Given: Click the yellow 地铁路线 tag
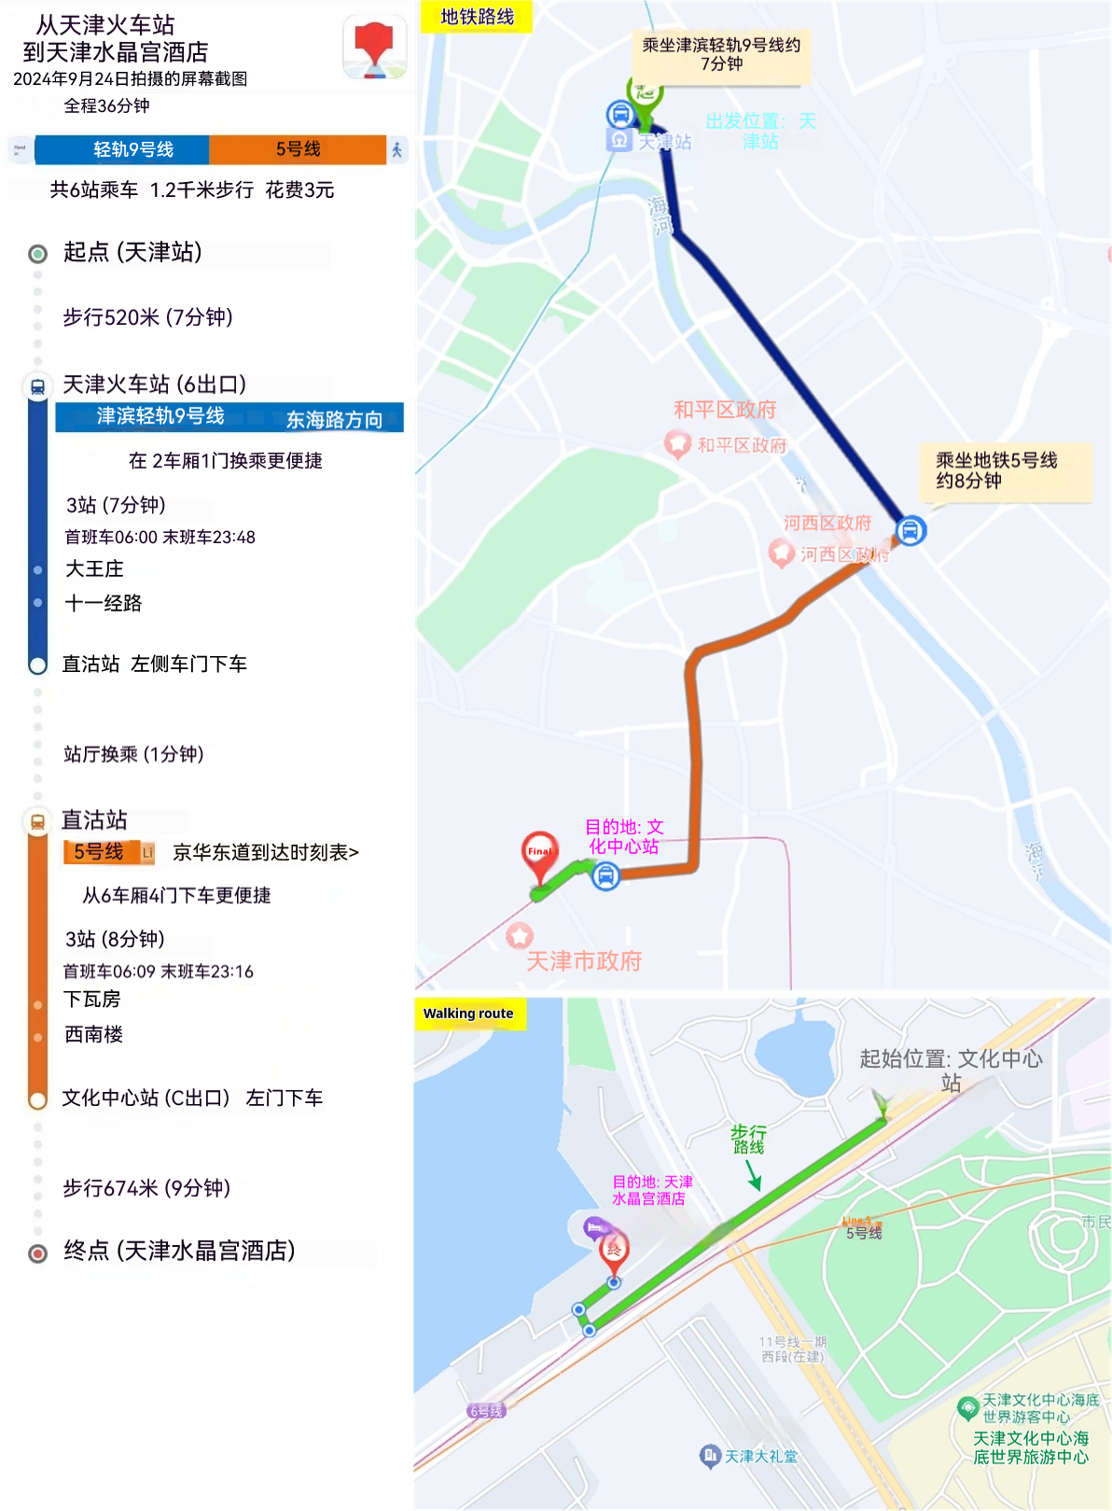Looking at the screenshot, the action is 477,17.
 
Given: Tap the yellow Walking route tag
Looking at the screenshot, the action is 468,1014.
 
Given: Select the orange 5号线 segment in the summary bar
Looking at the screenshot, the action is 298,149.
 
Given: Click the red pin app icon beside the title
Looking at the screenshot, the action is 375,47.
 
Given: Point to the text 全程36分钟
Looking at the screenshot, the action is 106,105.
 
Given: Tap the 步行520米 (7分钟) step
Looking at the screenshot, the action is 147,317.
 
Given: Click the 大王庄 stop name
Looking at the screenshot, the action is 94,568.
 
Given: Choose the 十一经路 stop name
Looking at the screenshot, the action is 104,603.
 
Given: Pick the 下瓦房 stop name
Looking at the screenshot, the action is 91,1000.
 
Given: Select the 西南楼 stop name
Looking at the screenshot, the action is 93,1034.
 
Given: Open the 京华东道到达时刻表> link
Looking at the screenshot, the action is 266,852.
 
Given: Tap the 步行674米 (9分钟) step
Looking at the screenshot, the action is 146,1188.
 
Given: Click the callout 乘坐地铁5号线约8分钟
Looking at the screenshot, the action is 996,470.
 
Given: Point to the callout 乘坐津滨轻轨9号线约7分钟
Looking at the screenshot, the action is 721,54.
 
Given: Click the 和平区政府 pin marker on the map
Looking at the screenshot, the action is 677,443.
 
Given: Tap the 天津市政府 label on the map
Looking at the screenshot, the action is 584,961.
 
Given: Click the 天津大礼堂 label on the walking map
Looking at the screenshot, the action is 760,1456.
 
